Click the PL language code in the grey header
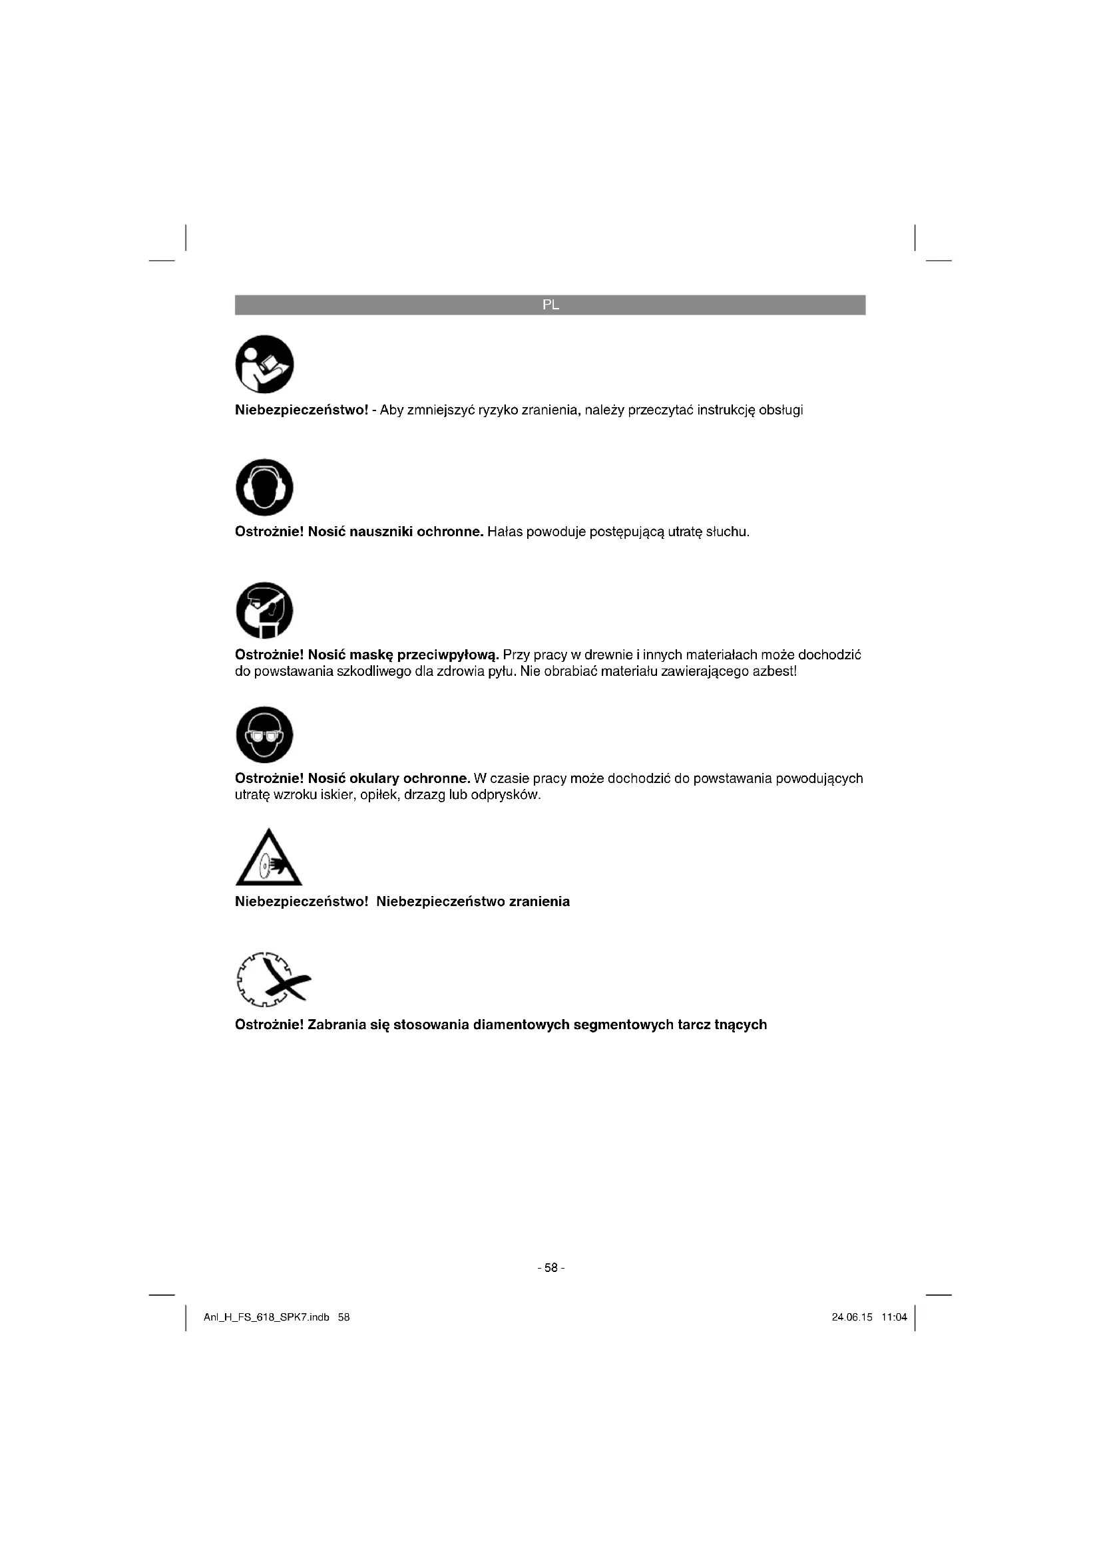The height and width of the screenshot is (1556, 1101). tap(550, 305)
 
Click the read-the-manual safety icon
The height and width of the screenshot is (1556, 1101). tap(264, 364)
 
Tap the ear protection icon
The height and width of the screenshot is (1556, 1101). tap(264, 487)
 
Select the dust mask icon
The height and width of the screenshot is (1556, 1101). tap(264, 610)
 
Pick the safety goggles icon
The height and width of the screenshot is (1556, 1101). tap(264, 734)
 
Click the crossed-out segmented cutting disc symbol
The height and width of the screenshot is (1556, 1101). tap(273, 979)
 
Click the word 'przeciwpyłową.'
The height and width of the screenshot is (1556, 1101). tap(448, 655)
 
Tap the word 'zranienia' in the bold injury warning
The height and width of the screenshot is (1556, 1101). tap(539, 901)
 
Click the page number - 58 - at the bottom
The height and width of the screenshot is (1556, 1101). tap(550, 1267)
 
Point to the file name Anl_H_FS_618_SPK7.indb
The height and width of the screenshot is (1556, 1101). tap(266, 1317)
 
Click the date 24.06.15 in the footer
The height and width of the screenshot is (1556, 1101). tap(852, 1317)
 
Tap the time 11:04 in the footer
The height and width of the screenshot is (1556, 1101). tap(894, 1317)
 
